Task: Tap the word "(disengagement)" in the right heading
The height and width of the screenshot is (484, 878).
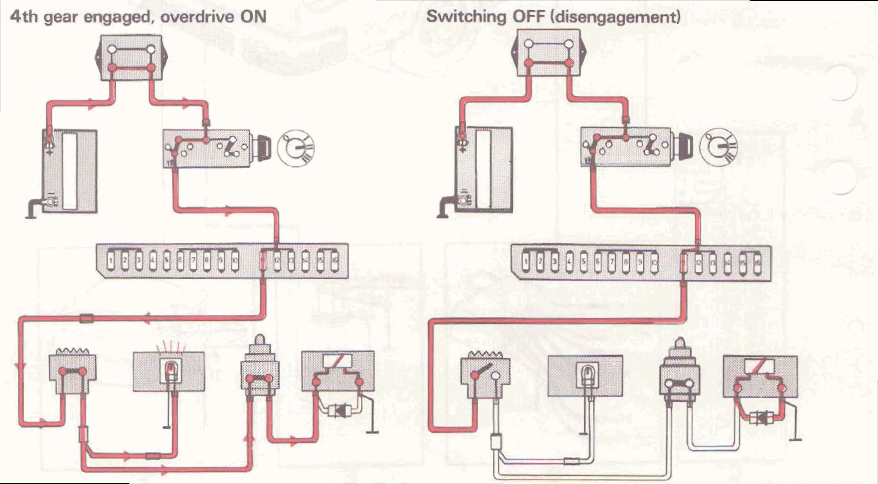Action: tap(616, 17)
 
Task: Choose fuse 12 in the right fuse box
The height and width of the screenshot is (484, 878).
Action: tap(699, 264)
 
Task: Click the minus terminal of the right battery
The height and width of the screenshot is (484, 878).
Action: tap(463, 201)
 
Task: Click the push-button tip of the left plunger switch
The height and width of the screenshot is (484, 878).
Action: tap(260, 340)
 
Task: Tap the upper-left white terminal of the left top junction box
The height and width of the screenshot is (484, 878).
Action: tap(112, 49)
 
